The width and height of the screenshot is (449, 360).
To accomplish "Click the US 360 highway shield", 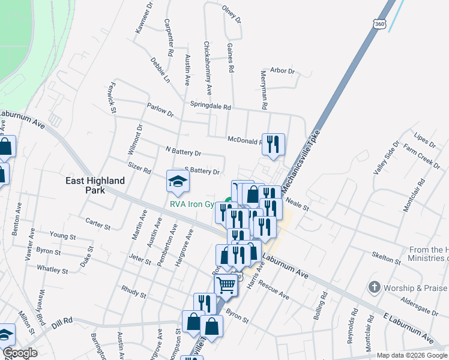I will [x=379, y=23].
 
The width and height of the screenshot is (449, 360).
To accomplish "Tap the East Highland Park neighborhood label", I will [x=95, y=185].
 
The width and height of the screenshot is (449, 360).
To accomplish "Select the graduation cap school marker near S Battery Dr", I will [x=178, y=182].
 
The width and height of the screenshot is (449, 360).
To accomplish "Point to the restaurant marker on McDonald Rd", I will [x=273, y=144].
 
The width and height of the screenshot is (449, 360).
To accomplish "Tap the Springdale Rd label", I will [x=211, y=106].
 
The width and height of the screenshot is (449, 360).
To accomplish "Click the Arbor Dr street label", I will [x=283, y=71].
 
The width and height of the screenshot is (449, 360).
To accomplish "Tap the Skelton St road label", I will [x=386, y=259].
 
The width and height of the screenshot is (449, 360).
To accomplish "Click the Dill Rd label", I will [x=60, y=320].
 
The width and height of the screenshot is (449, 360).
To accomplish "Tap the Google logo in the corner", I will [x=20, y=353].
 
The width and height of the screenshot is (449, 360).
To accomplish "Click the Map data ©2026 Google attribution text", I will [x=412, y=355].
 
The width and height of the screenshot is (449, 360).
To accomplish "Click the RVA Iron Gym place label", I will [x=192, y=204].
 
